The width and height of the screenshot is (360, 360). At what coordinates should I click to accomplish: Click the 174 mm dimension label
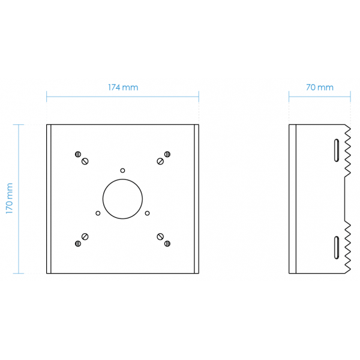click(x=123, y=88)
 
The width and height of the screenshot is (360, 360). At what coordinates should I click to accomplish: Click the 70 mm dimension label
click(x=320, y=88)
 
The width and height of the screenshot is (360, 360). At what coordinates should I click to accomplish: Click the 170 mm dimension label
click(x=9, y=199)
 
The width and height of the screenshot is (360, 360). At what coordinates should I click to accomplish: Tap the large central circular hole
click(x=122, y=199)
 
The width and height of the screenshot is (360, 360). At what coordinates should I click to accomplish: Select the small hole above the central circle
click(x=122, y=170)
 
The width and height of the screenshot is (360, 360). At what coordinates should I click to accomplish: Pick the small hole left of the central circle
click(x=98, y=213)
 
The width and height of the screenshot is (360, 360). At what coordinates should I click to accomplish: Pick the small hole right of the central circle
click(x=148, y=213)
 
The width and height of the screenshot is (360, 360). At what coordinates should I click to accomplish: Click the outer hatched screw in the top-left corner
click(x=78, y=154)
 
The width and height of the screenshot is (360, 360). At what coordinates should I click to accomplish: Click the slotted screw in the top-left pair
click(x=85, y=161)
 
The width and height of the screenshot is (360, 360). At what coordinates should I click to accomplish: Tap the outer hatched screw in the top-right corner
click(x=167, y=154)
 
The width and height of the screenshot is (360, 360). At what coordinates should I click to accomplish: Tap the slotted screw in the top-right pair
click(x=160, y=161)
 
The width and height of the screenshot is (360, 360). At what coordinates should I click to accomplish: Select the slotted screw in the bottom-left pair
click(x=85, y=236)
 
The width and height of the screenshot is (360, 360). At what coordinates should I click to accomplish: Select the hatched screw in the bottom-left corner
click(x=78, y=244)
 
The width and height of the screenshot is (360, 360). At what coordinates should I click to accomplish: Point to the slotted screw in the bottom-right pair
click(x=160, y=236)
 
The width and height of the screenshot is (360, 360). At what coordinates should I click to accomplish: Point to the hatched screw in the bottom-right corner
click(x=167, y=244)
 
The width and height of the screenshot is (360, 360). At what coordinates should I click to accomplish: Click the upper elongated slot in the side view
click(x=337, y=150)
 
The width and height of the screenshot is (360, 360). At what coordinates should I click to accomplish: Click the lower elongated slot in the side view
click(x=337, y=248)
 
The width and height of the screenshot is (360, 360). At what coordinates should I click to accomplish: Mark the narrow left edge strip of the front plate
click(x=49, y=199)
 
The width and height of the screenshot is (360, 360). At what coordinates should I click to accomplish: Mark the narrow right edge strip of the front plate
click(x=197, y=199)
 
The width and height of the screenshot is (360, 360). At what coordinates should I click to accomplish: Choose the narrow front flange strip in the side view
click(x=293, y=199)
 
